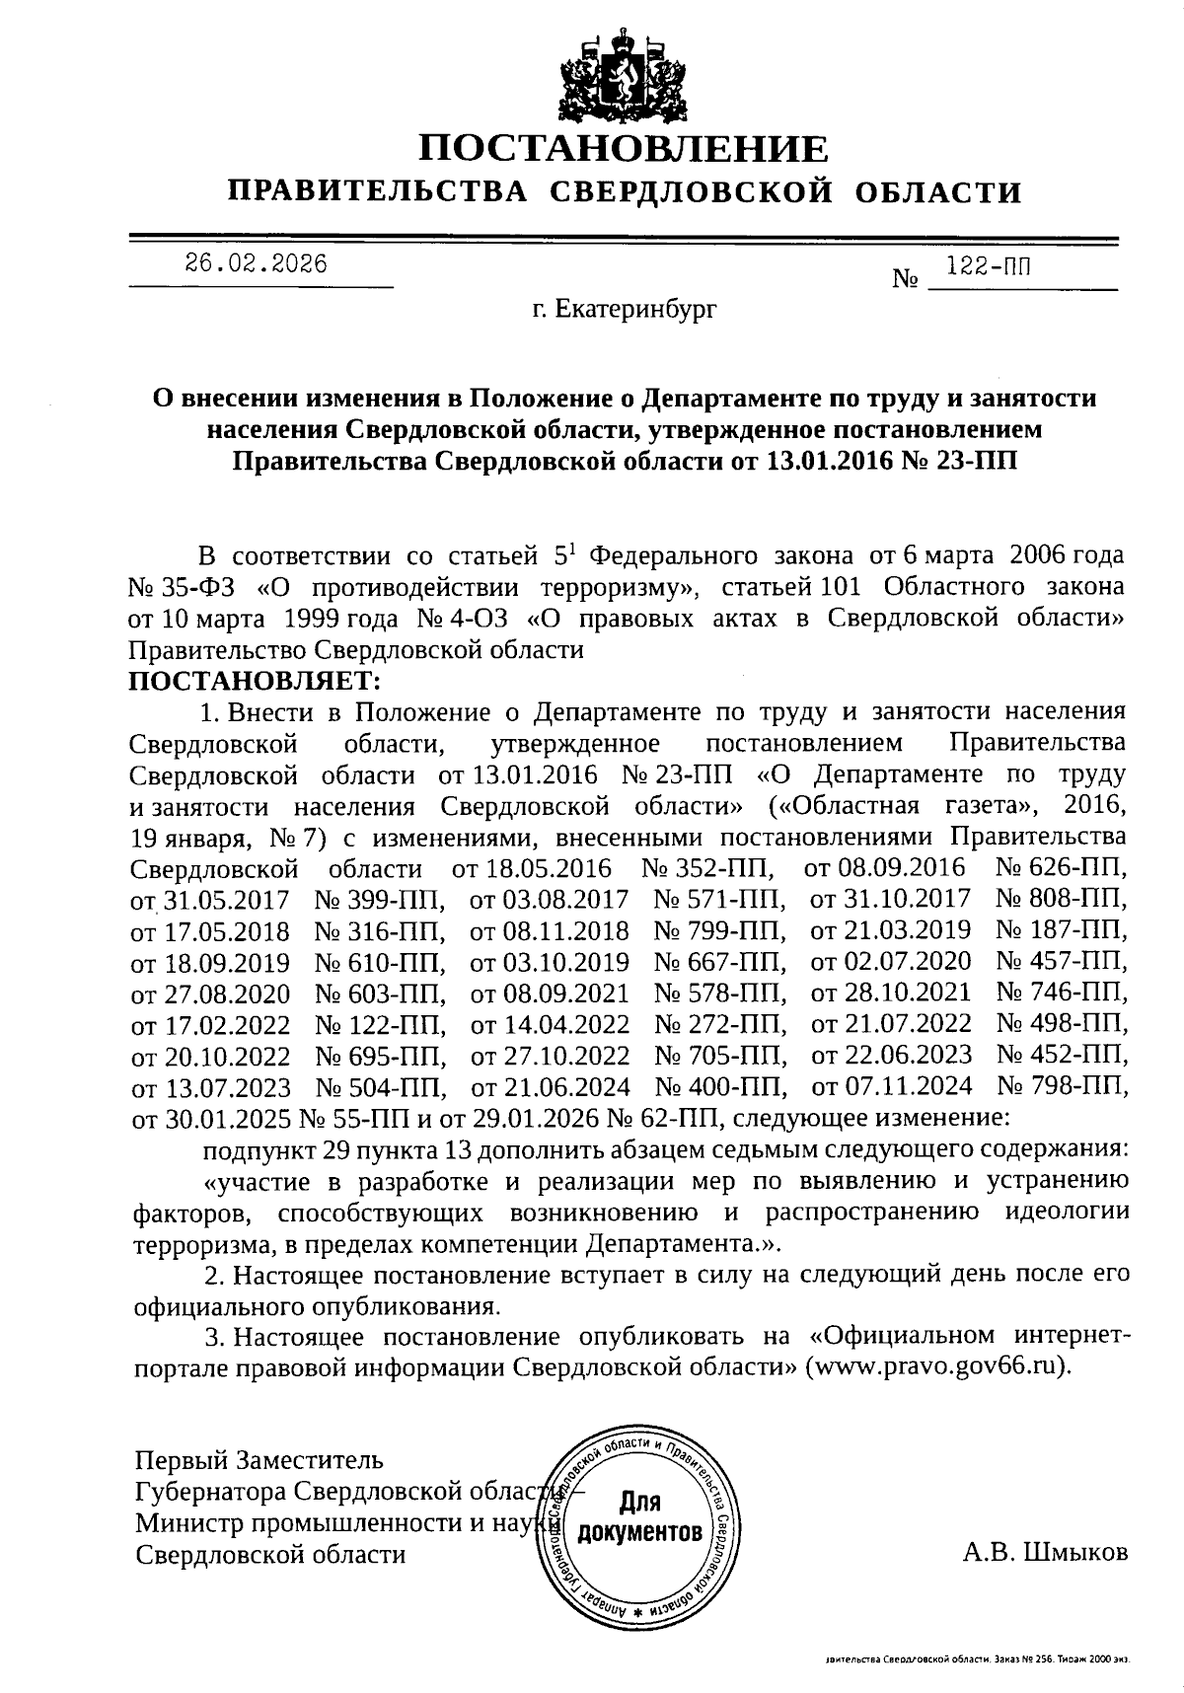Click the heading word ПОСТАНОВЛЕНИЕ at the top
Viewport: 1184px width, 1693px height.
624,148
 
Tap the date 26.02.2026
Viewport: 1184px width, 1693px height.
256,264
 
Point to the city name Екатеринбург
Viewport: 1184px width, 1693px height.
623,311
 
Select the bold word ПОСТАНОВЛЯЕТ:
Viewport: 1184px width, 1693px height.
254,681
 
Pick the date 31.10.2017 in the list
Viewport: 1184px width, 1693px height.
890,900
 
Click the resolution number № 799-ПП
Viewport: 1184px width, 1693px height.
719,930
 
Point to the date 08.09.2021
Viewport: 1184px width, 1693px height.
550,993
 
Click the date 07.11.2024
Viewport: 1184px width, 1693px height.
891,1086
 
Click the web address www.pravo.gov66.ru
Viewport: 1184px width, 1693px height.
936,1368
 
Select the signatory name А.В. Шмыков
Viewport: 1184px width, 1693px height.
1045,1553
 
